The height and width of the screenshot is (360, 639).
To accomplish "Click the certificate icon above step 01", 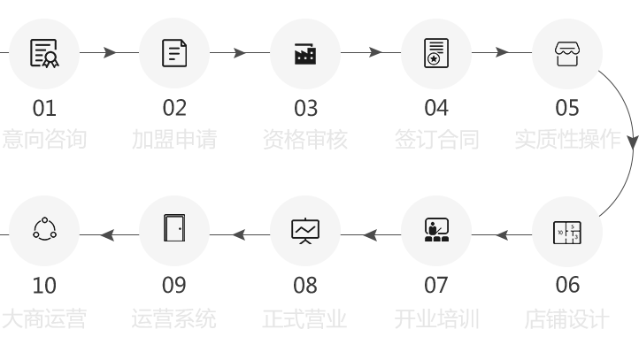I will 43,53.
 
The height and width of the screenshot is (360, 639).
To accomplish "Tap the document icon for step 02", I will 174,53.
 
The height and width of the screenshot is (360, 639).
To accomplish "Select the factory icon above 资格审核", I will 305,53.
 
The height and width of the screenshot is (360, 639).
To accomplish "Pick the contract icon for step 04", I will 436,53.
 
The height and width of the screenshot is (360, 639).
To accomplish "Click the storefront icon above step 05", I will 567,53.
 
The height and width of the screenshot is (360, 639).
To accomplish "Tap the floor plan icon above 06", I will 567,233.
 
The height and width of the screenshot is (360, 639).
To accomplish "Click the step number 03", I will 305,109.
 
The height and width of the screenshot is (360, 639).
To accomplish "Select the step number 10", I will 43,286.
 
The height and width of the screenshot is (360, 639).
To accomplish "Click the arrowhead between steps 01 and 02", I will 110,53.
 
